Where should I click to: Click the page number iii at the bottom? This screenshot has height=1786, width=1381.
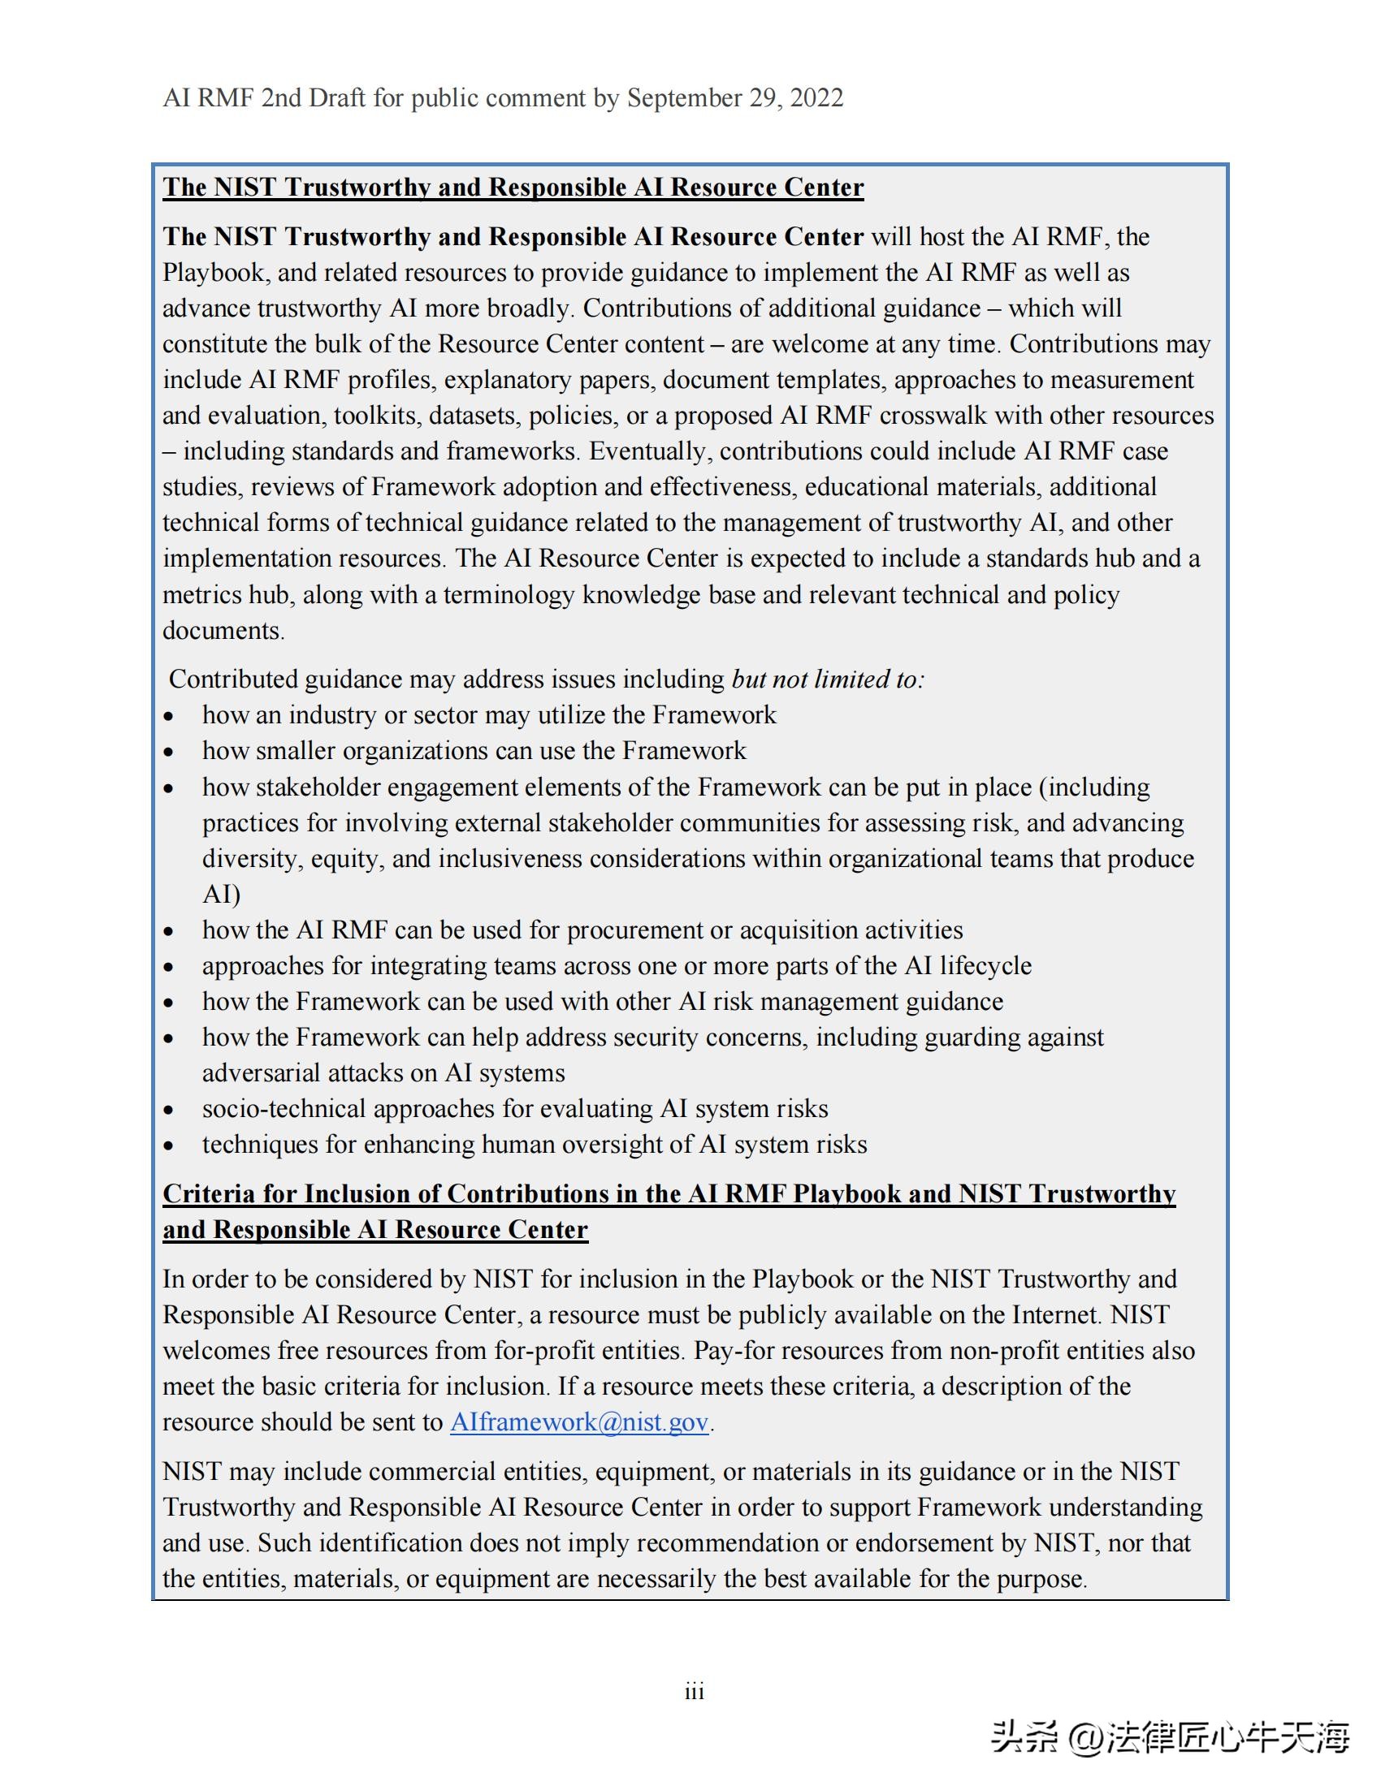coord(694,1691)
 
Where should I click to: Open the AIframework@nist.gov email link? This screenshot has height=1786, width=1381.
coord(579,1421)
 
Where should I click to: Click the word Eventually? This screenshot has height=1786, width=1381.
coord(651,451)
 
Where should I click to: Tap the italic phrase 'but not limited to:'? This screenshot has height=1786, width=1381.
coord(827,679)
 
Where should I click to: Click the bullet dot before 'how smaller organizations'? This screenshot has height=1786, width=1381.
coord(168,753)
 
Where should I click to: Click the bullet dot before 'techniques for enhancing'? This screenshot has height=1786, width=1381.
coord(168,1145)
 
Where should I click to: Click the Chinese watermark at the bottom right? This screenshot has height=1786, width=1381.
coord(1170,1738)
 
